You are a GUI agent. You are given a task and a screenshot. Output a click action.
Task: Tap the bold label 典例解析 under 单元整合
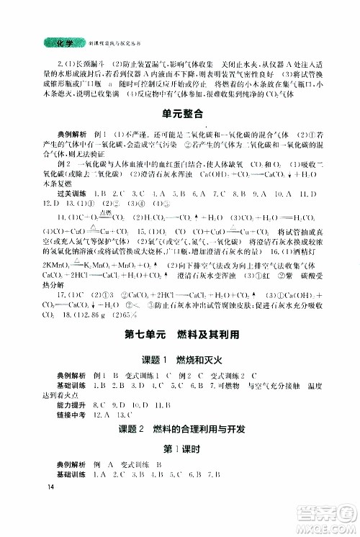[60, 134]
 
